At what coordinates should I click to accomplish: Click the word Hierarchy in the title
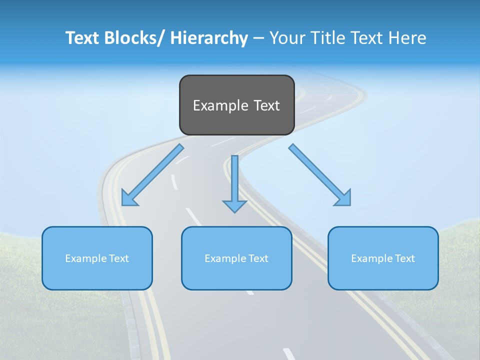pos(209,38)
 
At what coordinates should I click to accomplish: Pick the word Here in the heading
pos(407,38)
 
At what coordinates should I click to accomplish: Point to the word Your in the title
pos(286,38)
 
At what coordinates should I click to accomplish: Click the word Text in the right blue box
pos(404,258)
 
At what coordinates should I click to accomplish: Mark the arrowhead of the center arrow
pos(234,205)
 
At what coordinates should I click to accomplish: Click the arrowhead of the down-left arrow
pos(128,198)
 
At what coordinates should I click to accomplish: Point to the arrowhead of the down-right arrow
pos(343,198)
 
